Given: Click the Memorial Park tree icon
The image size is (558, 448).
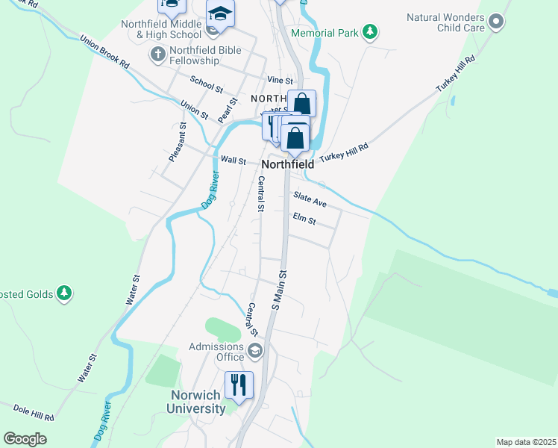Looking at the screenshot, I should [369, 32].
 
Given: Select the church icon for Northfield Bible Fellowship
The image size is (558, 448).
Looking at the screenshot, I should [157, 54].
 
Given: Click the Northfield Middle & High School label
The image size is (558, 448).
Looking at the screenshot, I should [161, 29].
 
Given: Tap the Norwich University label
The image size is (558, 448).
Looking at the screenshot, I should [197, 402].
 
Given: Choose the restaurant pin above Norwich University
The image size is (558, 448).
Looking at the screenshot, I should [239, 385].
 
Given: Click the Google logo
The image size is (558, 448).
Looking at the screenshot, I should [25, 438].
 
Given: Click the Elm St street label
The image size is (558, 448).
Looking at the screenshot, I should [304, 220].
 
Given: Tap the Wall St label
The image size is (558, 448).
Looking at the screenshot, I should [233, 160].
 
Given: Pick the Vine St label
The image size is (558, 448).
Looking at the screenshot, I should [279, 80].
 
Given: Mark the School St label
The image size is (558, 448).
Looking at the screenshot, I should [206, 84].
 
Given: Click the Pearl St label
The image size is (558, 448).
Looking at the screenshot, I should [227, 110].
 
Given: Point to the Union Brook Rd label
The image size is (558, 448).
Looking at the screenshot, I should [104, 52].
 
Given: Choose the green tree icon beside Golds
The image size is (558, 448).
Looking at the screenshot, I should [65, 293].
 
